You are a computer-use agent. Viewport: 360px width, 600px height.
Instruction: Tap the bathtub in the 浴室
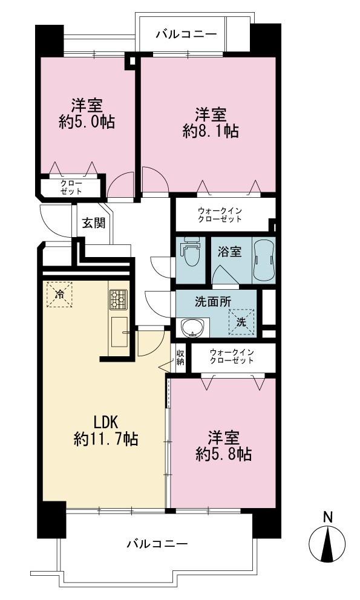264,260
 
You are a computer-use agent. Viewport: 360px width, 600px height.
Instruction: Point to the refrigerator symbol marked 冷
59,294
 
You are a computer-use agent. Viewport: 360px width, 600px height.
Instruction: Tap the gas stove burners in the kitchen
119,299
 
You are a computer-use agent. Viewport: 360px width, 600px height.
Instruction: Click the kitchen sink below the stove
119,333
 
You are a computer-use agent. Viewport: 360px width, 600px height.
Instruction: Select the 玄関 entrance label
94,223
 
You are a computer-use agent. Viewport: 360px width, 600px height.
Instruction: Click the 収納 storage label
180,357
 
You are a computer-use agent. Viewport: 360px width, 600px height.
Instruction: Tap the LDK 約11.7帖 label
106,431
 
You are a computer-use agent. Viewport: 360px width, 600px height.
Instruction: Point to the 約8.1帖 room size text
211,131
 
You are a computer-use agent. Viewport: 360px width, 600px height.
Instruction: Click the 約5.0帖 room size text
87,122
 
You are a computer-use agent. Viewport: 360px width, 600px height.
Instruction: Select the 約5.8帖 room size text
224,454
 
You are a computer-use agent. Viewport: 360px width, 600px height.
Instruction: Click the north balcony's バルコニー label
186,34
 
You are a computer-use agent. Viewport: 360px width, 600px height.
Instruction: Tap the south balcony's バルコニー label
158,543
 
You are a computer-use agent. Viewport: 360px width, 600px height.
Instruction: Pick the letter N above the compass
327,517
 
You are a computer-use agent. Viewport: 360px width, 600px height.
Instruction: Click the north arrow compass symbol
327,544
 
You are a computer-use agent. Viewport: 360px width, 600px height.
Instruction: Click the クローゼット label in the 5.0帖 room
71,187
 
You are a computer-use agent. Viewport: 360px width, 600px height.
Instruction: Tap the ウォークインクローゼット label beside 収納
232,356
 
